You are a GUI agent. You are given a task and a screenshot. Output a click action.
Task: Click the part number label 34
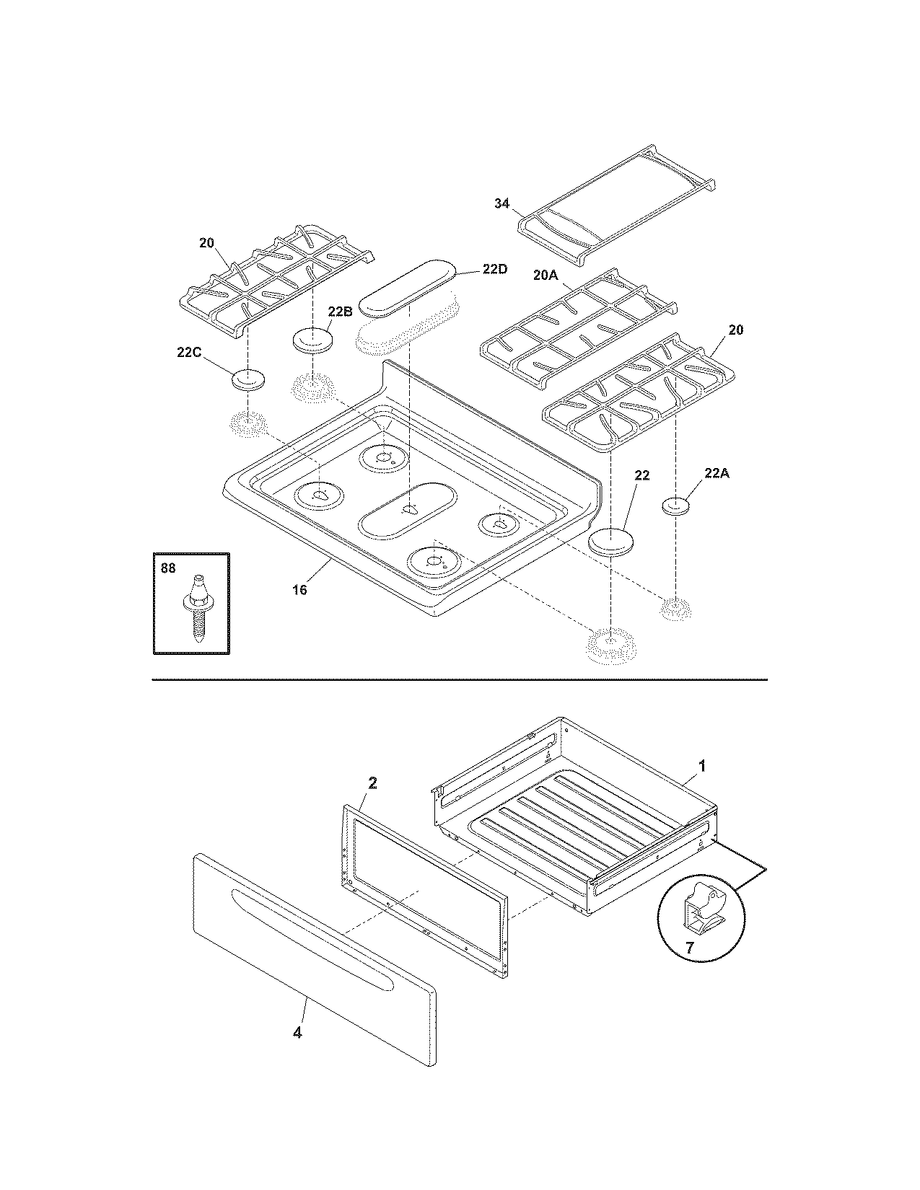point(501,204)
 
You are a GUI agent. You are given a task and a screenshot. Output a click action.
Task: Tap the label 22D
point(494,269)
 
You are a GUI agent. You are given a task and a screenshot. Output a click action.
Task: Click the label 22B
point(339,311)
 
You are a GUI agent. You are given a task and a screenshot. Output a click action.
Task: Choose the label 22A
point(717,473)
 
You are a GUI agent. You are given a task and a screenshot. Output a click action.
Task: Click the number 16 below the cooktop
point(299,590)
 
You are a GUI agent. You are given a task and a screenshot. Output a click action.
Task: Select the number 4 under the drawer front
point(297,1033)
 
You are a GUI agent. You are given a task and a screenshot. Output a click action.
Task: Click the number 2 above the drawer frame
point(373,783)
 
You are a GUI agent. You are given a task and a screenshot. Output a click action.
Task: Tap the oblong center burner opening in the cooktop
point(408,511)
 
